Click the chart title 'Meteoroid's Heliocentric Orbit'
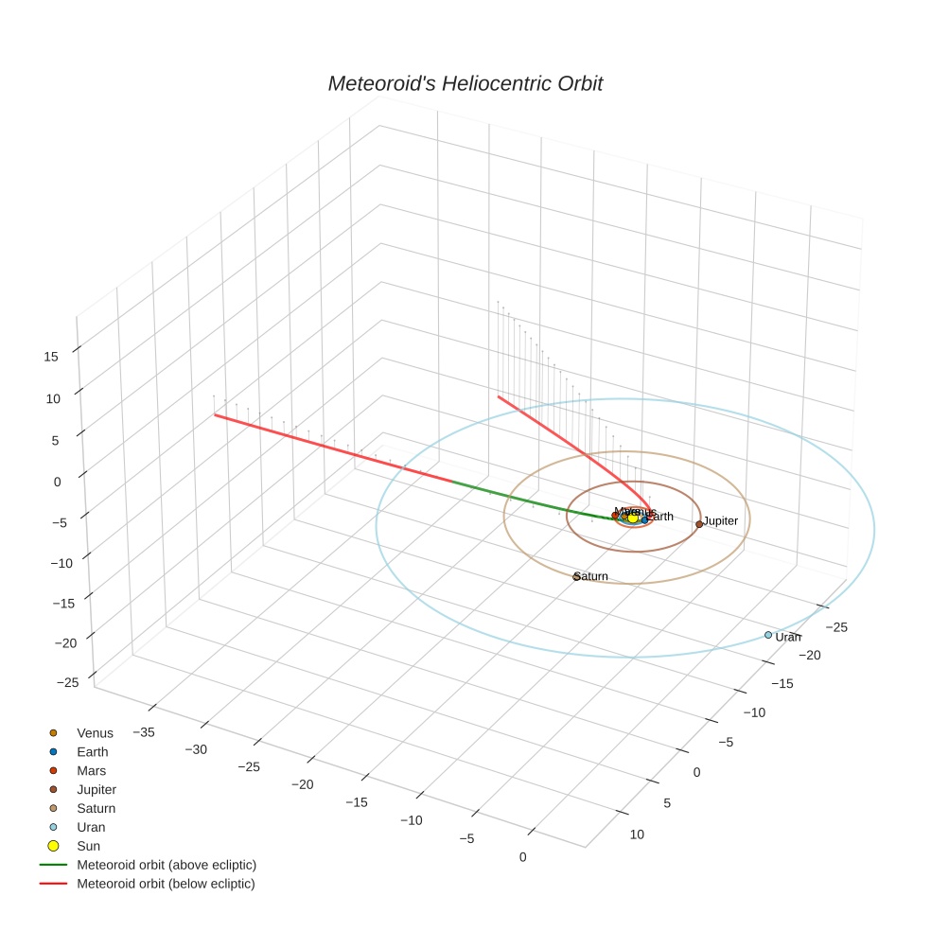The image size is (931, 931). coord(465,84)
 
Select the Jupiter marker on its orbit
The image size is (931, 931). coord(699,524)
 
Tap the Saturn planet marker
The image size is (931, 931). coord(576,576)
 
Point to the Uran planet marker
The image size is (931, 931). coord(768,635)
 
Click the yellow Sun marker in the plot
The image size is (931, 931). coord(633,518)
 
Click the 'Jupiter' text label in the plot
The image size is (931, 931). coord(721,521)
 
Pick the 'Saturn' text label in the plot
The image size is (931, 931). coord(592,576)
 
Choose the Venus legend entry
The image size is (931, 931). coord(95,733)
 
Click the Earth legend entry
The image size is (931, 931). coord(93,752)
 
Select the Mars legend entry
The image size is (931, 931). coord(92,771)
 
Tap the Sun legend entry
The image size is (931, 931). coord(89,846)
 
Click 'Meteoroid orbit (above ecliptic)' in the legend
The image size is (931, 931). coord(167,865)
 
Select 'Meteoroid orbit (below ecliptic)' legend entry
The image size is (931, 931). coord(167,884)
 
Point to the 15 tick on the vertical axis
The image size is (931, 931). coord(52,357)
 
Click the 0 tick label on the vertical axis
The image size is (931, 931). coord(57,482)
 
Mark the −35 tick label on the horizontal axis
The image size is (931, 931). coord(145,731)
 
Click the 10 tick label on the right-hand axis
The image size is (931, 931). coord(637,834)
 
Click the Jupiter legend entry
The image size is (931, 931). coord(97,790)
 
